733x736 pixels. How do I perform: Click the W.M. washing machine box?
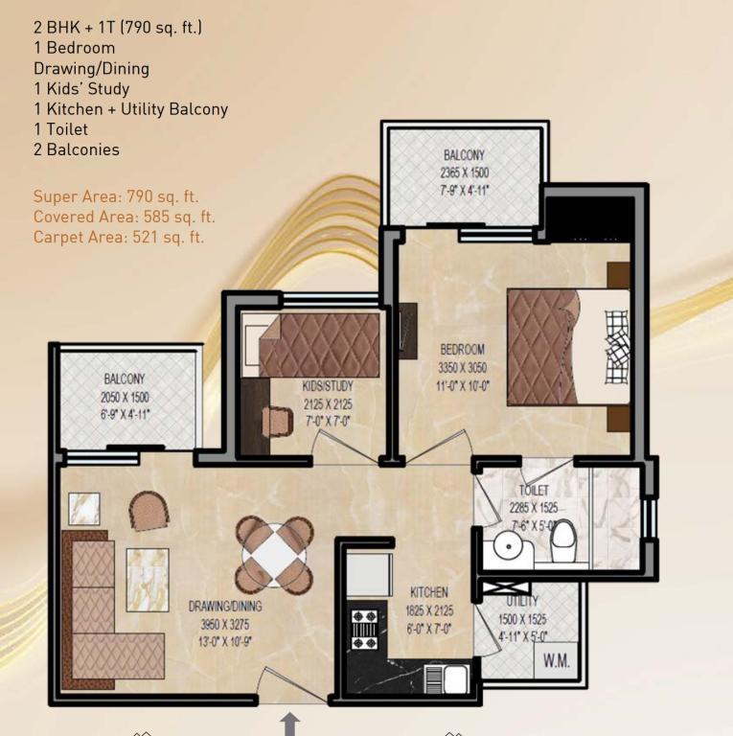click(x=556, y=660)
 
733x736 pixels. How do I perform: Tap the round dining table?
click(x=274, y=555)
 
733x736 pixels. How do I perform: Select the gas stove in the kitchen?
click(x=365, y=630)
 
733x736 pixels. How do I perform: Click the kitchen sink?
click(x=447, y=679)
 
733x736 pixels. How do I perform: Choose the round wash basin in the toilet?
click(x=508, y=547)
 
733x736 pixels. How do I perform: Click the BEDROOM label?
click(x=462, y=349)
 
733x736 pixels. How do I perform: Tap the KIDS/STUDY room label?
click(x=328, y=386)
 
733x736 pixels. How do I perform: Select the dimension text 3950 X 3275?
click(x=225, y=625)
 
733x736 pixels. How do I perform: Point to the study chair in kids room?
click(x=277, y=421)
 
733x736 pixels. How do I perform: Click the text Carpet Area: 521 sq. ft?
click(x=119, y=237)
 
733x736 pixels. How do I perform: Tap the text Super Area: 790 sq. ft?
click(x=116, y=196)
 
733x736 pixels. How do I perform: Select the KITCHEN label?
click(x=429, y=592)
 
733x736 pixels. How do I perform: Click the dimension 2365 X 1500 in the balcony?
click(x=464, y=172)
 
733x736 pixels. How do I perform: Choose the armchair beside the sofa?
click(x=149, y=511)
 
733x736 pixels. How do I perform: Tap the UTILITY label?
click(x=522, y=601)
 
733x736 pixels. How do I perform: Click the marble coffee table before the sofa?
click(x=148, y=580)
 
